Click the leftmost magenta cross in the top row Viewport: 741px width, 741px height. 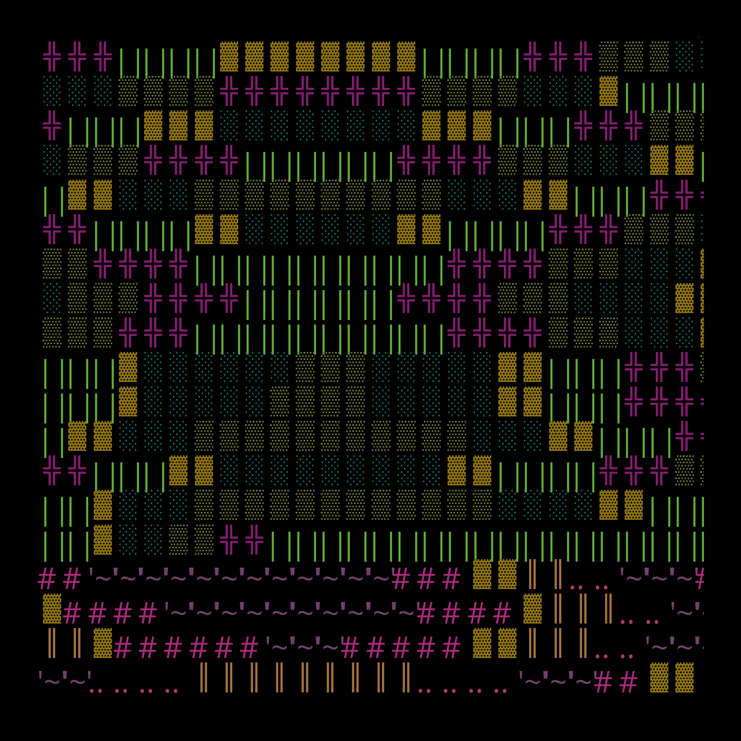tap(52, 56)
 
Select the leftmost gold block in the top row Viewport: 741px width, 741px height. tap(229, 56)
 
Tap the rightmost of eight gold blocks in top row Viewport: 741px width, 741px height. tap(406, 56)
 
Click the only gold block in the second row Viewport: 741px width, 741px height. tap(608, 91)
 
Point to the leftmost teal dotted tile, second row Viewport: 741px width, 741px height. tap(52, 91)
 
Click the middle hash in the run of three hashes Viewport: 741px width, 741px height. tap(426, 579)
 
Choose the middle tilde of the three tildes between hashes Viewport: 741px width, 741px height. tap(305, 648)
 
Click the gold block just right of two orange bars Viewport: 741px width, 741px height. tap(103, 643)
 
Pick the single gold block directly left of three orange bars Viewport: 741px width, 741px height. tap(533, 609)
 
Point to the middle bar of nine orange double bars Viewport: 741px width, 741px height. tap(305, 678)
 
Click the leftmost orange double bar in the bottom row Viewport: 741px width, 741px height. tap(204, 678)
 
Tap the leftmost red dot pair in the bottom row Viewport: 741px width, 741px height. tap(96, 691)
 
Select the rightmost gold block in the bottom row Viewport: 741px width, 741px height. tap(684, 678)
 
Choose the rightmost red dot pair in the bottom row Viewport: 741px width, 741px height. tap(501, 691)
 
